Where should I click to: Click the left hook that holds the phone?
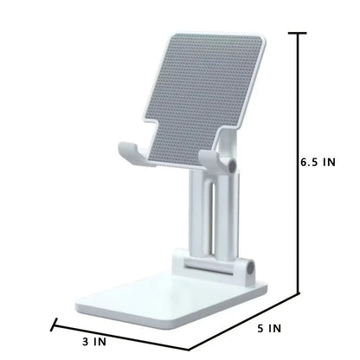click(x=130, y=151)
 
